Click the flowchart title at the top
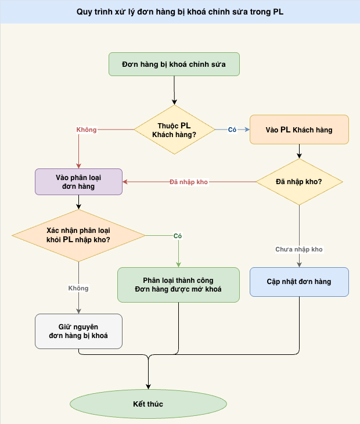(x=180, y=12)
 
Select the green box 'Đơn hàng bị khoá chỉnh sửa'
(x=174, y=64)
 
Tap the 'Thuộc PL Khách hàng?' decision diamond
(x=174, y=130)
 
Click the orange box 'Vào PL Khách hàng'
(x=299, y=130)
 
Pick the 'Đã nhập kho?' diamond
(x=299, y=182)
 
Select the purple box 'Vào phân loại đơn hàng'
(x=79, y=182)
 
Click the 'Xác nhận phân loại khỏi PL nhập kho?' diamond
(x=79, y=235)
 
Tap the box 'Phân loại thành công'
(x=178, y=285)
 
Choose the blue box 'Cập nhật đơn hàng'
(x=299, y=282)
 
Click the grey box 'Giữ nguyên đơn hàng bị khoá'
(x=79, y=331)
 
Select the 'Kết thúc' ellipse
(x=149, y=403)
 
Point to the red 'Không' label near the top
(x=87, y=130)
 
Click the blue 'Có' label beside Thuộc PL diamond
(x=232, y=130)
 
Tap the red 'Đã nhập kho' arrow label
(x=189, y=182)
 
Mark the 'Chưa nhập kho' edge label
(x=299, y=249)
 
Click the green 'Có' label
(x=178, y=236)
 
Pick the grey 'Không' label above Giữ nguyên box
(x=79, y=288)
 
